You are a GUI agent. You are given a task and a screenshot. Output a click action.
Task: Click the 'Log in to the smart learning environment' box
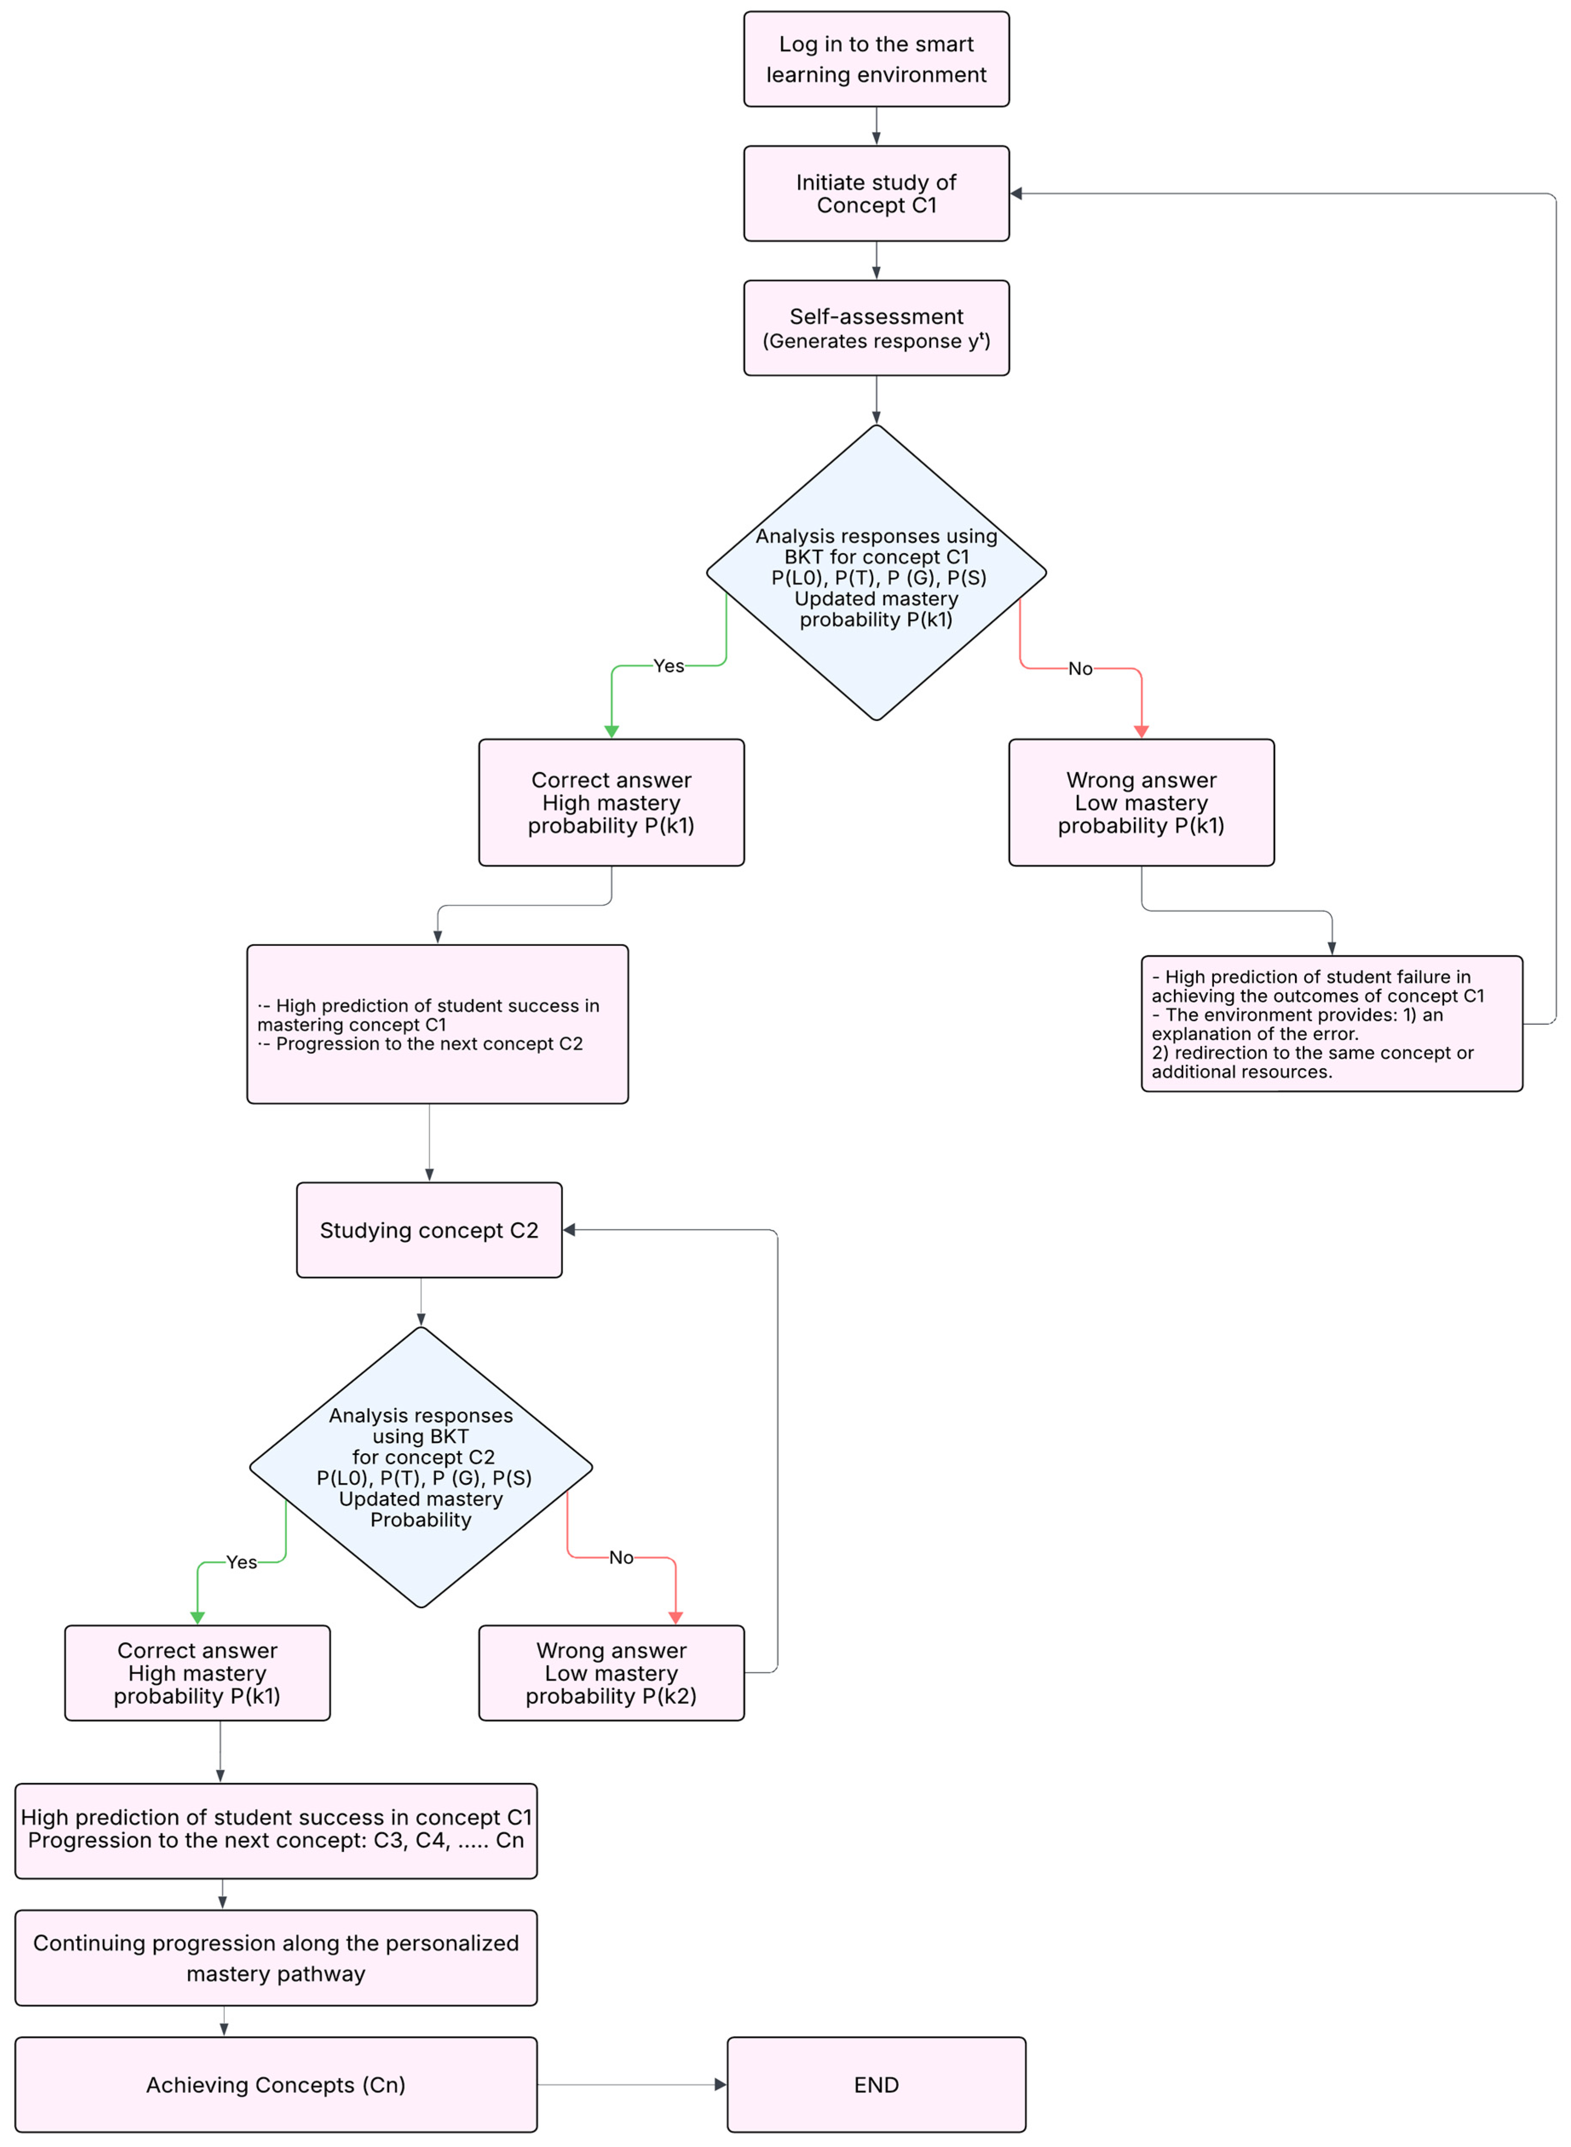[876, 59]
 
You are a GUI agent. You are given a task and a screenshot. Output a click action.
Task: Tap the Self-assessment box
[876, 328]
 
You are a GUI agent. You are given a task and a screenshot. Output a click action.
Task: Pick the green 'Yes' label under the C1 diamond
[668, 666]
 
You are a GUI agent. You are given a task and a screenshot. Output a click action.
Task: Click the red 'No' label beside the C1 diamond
[1080, 668]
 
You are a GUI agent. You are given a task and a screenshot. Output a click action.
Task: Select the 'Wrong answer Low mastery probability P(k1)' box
[1141, 802]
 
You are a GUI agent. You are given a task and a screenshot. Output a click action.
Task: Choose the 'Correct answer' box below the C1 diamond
[611, 802]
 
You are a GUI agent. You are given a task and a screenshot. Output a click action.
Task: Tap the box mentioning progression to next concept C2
[437, 1024]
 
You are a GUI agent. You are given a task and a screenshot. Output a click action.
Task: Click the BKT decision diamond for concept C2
[420, 1467]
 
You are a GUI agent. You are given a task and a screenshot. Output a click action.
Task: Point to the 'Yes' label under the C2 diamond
[242, 1562]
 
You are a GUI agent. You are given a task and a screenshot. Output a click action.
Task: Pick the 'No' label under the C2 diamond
[621, 1558]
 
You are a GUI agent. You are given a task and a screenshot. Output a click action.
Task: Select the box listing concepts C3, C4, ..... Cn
[276, 1831]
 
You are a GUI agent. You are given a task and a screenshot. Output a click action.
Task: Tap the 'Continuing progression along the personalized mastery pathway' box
[276, 1958]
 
